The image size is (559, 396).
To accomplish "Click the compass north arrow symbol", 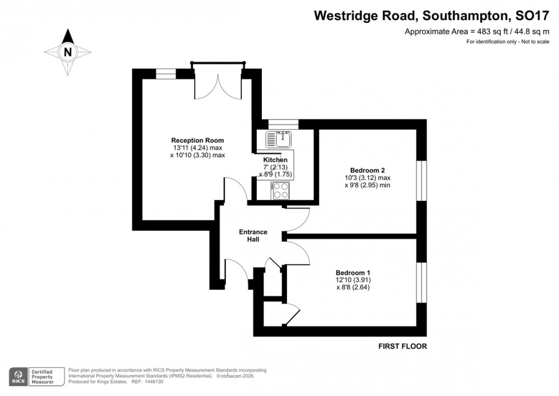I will click(x=68, y=52).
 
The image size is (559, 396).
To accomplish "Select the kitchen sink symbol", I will click(x=279, y=139).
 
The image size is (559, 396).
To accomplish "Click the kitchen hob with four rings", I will click(x=279, y=190).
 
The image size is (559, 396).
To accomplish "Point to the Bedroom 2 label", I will click(x=367, y=170).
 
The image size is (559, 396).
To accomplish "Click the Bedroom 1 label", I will click(x=353, y=272).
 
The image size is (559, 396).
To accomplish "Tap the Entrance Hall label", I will click(x=253, y=235).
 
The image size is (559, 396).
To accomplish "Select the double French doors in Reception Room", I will click(x=218, y=85).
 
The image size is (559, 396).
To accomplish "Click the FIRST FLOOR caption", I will click(x=403, y=346).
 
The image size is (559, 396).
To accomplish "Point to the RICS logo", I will click(x=17, y=376).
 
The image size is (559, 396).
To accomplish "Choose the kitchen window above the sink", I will click(x=283, y=123).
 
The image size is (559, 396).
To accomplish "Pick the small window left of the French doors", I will click(x=165, y=73).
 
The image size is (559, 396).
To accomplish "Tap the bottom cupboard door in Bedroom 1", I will click(x=293, y=315).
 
